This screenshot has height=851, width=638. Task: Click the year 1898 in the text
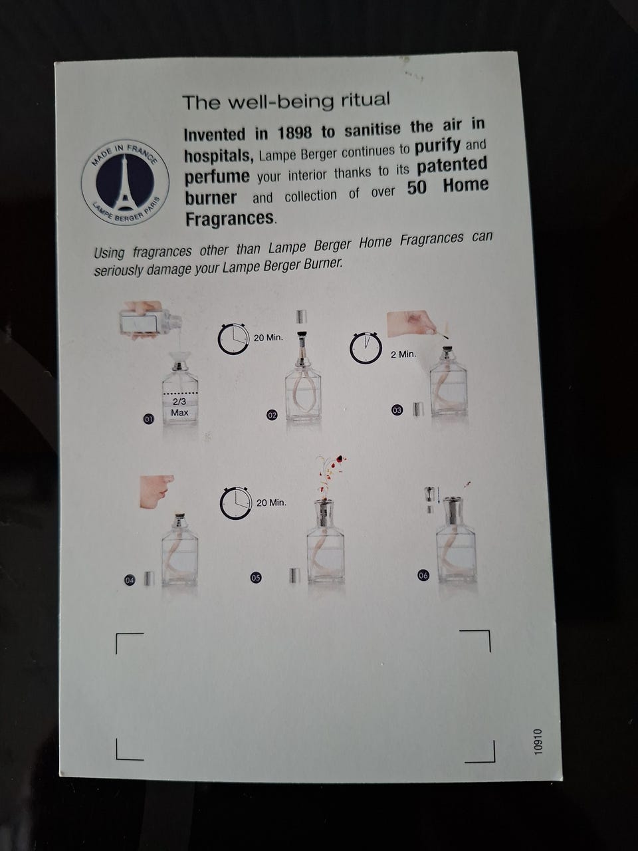pyautogui.click(x=295, y=133)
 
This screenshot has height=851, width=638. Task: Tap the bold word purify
pyautogui.click(x=437, y=146)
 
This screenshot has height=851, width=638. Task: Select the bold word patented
pyautogui.click(x=452, y=166)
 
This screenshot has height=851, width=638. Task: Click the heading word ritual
pyautogui.click(x=366, y=100)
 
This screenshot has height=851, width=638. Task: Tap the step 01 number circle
pyautogui.click(x=149, y=419)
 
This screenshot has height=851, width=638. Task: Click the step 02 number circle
pyautogui.click(x=272, y=416)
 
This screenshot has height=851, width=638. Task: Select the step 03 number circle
pyautogui.click(x=397, y=410)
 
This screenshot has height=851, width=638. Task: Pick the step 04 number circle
pyautogui.click(x=130, y=580)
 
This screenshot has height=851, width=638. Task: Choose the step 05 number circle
pyautogui.click(x=256, y=578)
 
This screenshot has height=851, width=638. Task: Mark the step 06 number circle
pyautogui.click(x=423, y=576)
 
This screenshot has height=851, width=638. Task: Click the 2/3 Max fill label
pyautogui.click(x=179, y=407)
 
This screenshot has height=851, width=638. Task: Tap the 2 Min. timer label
pyautogui.click(x=403, y=354)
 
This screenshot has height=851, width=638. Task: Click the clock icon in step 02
pyautogui.click(x=233, y=339)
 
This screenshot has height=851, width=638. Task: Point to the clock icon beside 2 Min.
pyautogui.click(x=366, y=347)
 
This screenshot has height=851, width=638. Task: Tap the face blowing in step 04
pyautogui.click(x=154, y=491)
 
